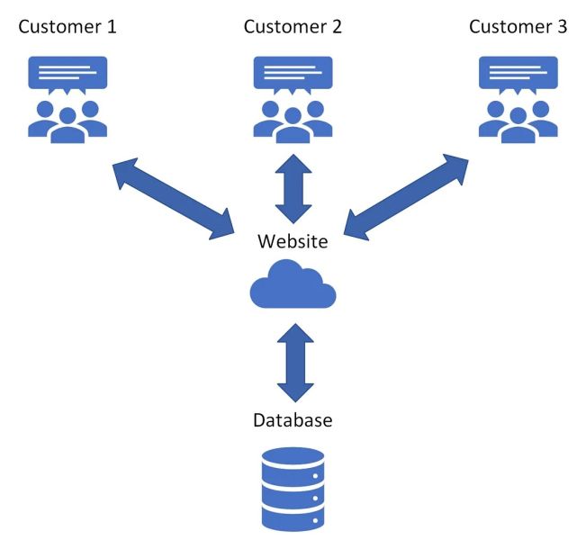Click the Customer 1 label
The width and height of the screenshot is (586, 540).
click(68, 26)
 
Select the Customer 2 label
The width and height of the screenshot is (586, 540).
click(293, 26)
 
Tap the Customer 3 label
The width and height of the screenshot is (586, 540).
click(518, 26)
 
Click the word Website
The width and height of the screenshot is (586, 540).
click(293, 241)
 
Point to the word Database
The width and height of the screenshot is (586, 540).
click(293, 420)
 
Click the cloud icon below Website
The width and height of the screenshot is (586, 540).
click(293, 285)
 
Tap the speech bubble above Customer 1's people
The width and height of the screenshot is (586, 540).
click(68, 73)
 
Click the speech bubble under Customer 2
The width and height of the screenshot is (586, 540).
click(293, 73)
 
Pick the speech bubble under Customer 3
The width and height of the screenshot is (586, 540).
click(518, 73)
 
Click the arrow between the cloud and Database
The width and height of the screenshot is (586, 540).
click(293, 364)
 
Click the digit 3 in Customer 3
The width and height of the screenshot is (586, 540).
click(562, 26)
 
